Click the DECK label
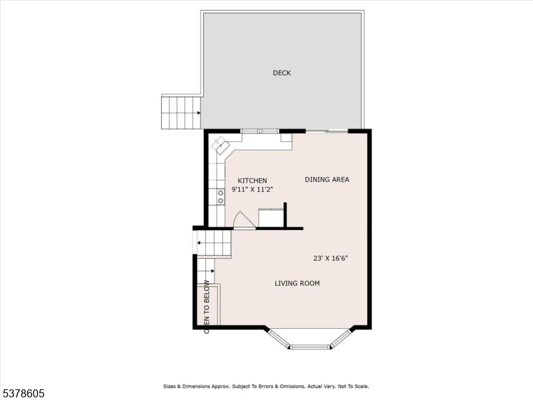click(x=281, y=73)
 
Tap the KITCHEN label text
click(x=253, y=181)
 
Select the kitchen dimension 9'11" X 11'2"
click(x=253, y=189)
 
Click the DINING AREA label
click(x=326, y=179)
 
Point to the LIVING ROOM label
click(x=297, y=283)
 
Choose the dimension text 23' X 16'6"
click(x=330, y=258)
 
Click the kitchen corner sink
click(x=221, y=146)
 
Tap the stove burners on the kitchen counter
click(x=221, y=197)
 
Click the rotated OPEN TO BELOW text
click(x=207, y=307)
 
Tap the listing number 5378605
click(x=23, y=393)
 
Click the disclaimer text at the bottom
click(x=266, y=387)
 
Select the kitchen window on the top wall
click(x=260, y=131)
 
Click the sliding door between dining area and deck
click(x=327, y=131)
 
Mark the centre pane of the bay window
click(x=310, y=347)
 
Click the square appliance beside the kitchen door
click(x=271, y=218)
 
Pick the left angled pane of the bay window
click(x=278, y=339)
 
